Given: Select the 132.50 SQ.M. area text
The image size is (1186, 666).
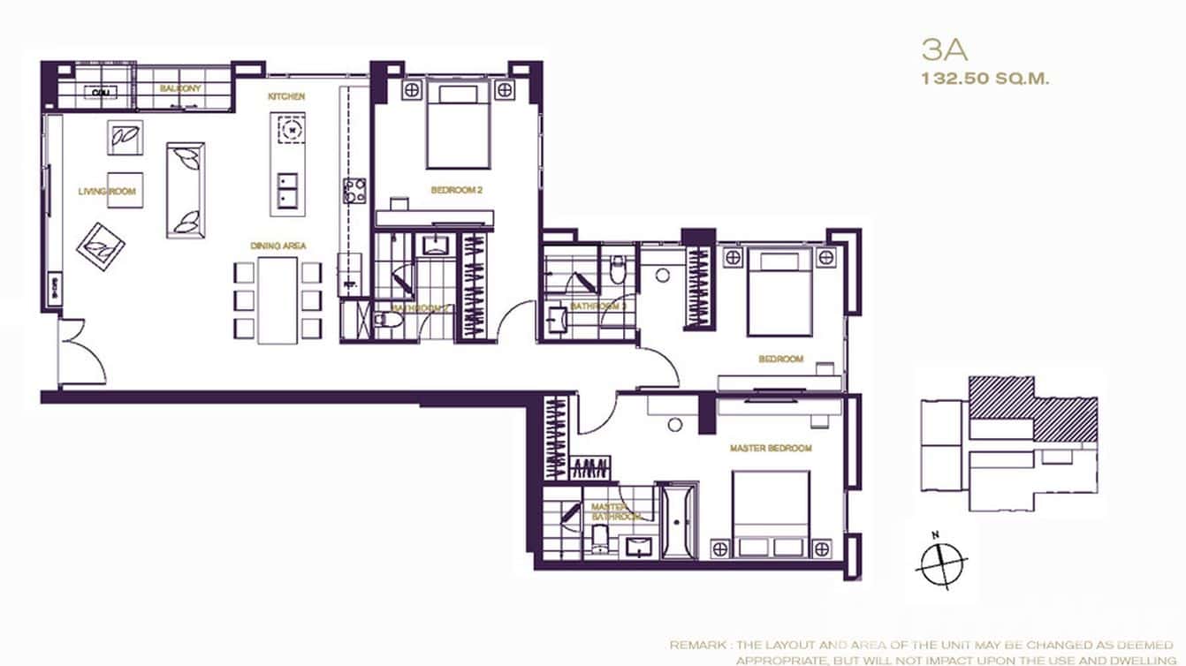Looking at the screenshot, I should pyautogui.click(x=985, y=79).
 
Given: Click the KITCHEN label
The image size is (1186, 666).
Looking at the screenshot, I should pyautogui.click(x=287, y=96).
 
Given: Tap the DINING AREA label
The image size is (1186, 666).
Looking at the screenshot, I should pyautogui.click(x=277, y=246).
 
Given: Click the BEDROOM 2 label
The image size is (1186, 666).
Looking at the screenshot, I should pyautogui.click(x=457, y=190).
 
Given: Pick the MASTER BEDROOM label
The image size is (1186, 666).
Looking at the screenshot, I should pyautogui.click(x=770, y=449).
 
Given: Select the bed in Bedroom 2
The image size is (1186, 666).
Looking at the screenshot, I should pyautogui.click(x=458, y=125).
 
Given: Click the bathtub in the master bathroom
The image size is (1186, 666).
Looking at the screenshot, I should pyautogui.click(x=678, y=519).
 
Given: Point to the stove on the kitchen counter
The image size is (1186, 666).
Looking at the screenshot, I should pyautogui.click(x=354, y=190).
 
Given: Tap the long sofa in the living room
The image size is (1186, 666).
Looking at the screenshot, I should pyautogui.click(x=186, y=187).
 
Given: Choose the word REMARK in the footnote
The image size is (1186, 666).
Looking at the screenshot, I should pyautogui.click(x=696, y=646).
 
